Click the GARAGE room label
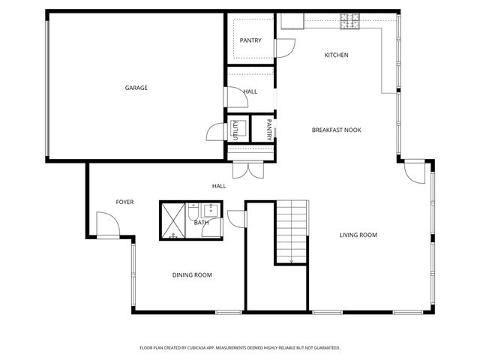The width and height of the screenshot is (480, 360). pyautogui.click(x=136, y=88)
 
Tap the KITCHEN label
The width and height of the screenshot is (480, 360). pyautogui.click(x=336, y=55)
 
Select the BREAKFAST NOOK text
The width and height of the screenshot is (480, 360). pyautogui.click(x=336, y=130)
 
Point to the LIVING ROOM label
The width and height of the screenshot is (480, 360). pyautogui.click(x=358, y=235)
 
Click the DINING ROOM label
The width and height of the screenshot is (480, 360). pyautogui.click(x=192, y=275)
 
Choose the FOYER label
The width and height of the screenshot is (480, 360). pyautogui.click(x=124, y=202)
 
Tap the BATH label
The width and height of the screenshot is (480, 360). pyautogui.click(x=201, y=223)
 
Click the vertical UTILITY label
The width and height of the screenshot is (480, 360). pyautogui.click(x=235, y=130)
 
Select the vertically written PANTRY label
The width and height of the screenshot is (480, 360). pyautogui.click(x=268, y=129)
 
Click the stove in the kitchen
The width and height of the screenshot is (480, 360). pyautogui.click(x=350, y=21)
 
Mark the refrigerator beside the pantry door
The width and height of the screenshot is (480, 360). pyautogui.click(x=292, y=21)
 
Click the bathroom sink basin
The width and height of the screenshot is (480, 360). pyautogui.click(x=211, y=210)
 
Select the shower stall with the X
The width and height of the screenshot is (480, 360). pyautogui.click(x=172, y=220)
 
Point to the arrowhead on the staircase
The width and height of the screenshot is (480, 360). pyautogui.click(x=291, y=261)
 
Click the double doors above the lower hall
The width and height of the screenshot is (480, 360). pyautogui.click(x=247, y=169)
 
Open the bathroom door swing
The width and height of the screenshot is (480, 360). pyautogui.click(x=236, y=217)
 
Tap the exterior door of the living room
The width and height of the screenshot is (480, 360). pyautogui.click(x=413, y=172)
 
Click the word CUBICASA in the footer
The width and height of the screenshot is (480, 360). pyautogui.click(x=206, y=348)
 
